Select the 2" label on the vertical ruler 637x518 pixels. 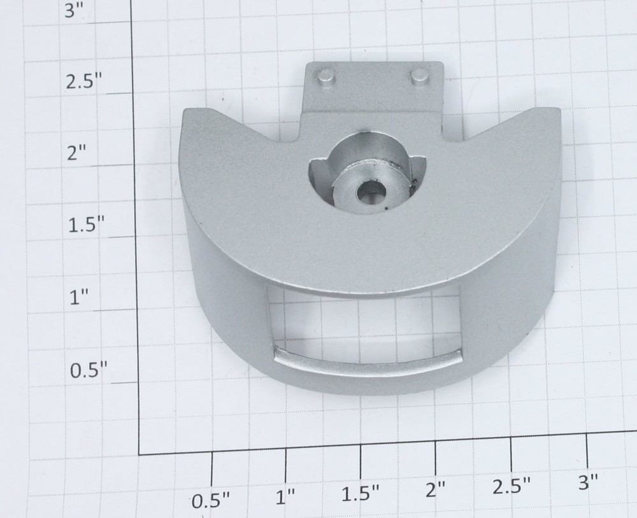click(77, 153)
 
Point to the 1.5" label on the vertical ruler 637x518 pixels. click(86, 225)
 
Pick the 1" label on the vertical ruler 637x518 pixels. click(78, 298)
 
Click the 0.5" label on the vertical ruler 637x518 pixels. click(89, 370)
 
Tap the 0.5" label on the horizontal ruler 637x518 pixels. click(211, 501)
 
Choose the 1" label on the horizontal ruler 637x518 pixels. click(285, 497)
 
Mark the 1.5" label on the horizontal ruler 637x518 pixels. click(361, 494)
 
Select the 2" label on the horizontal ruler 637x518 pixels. click(436, 490)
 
